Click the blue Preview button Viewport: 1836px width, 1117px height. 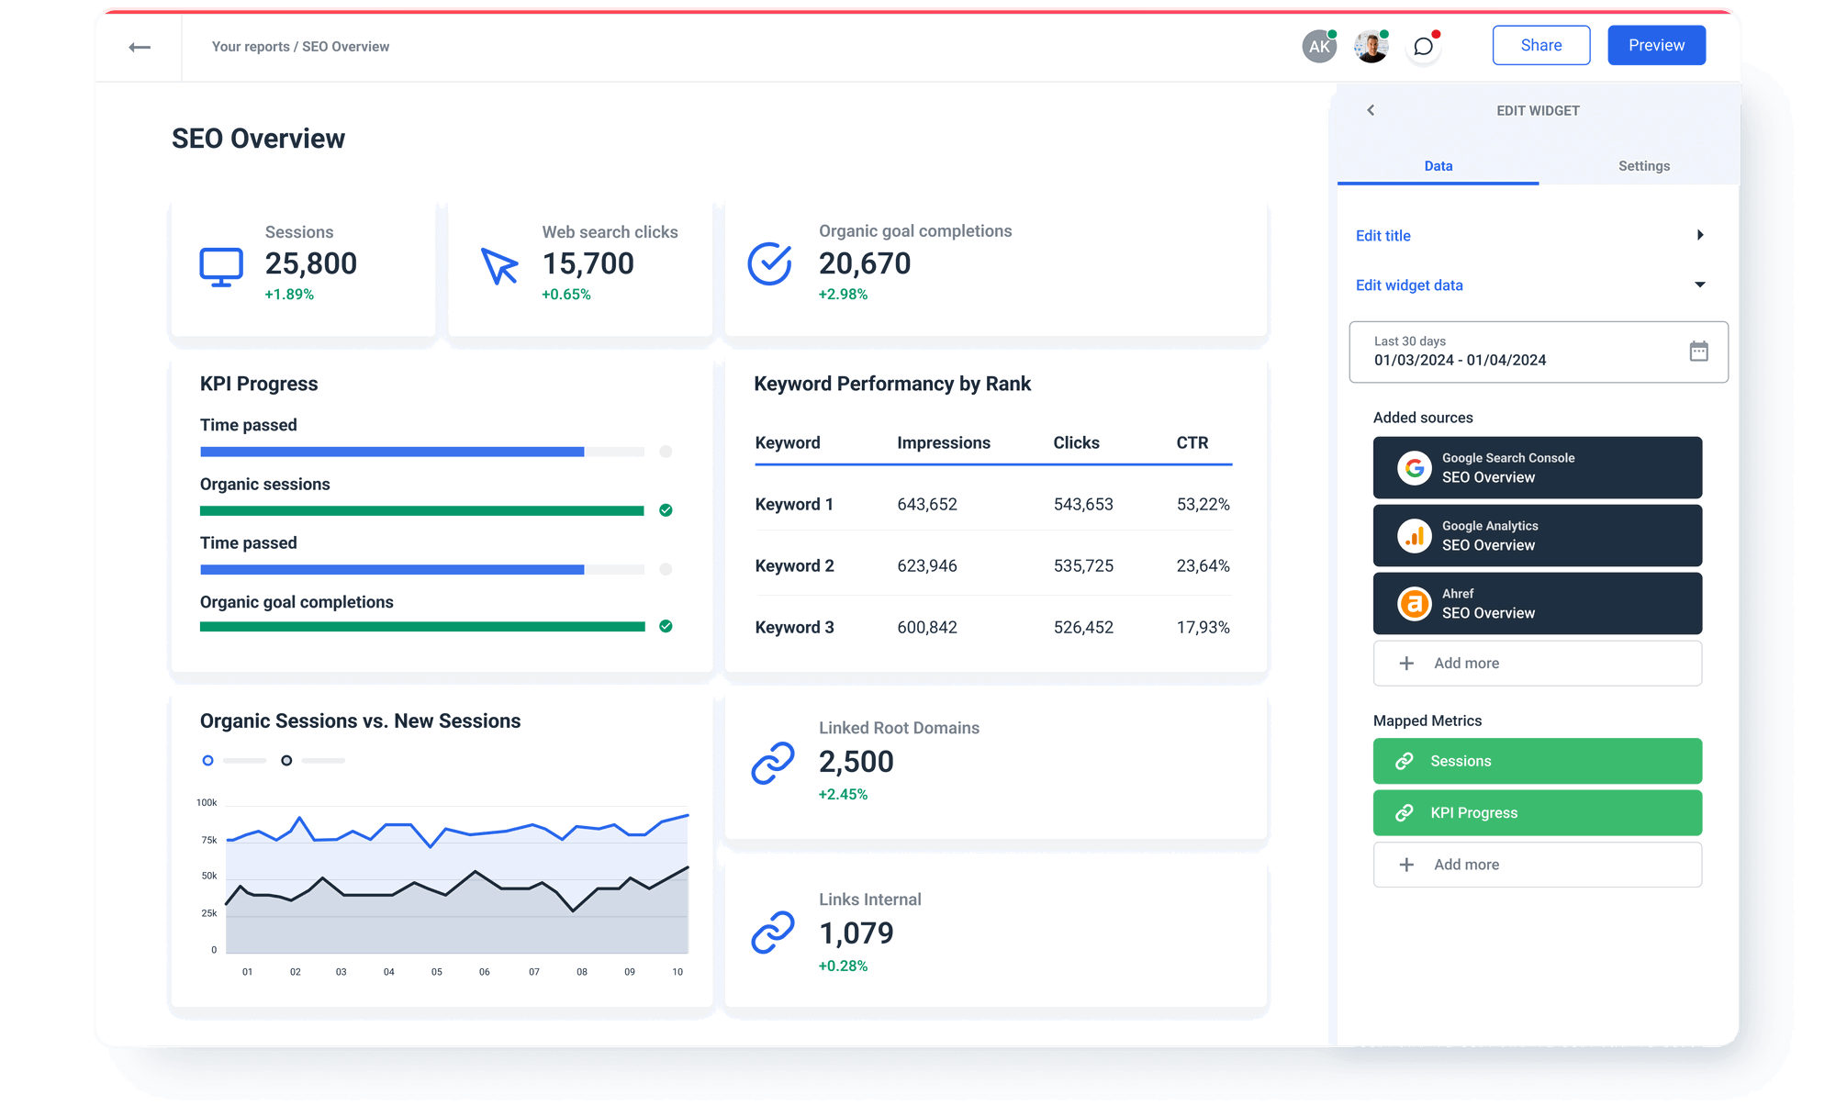(x=1656, y=45)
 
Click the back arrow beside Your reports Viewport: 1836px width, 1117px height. (x=140, y=47)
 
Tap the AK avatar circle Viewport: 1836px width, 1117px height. (x=1319, y=47)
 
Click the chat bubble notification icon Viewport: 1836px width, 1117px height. (x=1423, y=47)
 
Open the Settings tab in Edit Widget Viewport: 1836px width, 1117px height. (x=1643, y=166)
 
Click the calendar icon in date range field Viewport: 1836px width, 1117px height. (x=1698, y=351)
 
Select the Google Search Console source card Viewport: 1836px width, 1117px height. (x=1537, y=467)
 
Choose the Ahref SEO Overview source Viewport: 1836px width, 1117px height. (x=1537, y=603)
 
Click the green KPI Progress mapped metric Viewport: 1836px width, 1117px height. (x=1537, y=812)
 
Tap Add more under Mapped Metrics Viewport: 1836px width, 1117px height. (x=1537, y=865)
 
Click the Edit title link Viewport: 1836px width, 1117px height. (x=1383, y=236)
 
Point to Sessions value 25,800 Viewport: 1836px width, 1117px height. (x=310, y=263)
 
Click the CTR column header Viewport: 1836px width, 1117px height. (x=1192, y=442)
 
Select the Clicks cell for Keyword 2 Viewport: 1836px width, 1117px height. (x=1083, y=565)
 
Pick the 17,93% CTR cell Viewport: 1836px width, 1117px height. (x=1203, y=627)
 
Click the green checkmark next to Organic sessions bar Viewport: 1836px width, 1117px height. (x=666, y=510)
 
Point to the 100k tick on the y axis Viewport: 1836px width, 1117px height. (x=207, y=803)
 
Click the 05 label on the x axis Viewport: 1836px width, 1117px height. (x=437, y=971)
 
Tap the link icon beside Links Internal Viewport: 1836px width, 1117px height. (x=772, y=933)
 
